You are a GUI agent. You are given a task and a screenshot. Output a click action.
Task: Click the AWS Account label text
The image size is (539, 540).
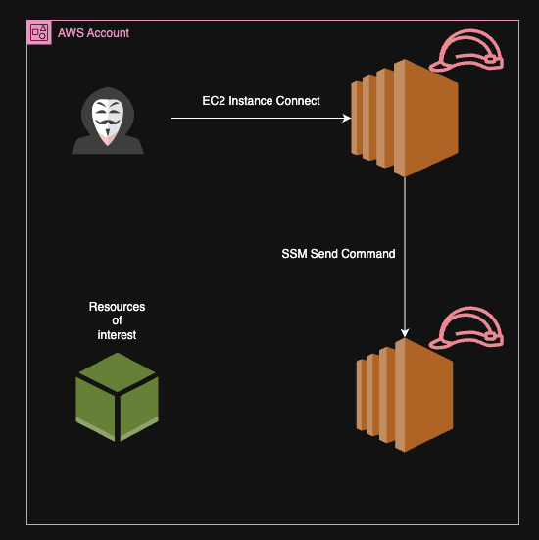pos(93,33)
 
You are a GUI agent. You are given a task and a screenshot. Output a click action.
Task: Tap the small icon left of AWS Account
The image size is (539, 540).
pos(40,33)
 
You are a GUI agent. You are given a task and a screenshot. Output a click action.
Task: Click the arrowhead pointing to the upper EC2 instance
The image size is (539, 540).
pos(346,119)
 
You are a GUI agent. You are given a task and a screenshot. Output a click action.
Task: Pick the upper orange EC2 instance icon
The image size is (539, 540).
pos(405,118)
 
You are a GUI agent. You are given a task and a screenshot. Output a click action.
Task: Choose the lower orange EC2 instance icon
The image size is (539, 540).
pos(405,396)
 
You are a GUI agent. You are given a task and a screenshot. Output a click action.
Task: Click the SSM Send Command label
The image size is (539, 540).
pos(338,254)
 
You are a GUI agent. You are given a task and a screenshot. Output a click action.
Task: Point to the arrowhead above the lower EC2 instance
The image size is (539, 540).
pos(405,332)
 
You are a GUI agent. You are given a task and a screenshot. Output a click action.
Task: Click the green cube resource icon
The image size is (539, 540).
pos(117,396)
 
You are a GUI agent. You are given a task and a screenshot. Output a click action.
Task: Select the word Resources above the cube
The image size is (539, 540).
pos(117,307)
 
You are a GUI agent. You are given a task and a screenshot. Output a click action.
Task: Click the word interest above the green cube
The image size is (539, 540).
pos(117,335)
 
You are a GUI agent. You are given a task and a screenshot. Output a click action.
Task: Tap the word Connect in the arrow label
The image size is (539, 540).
pos(297,100)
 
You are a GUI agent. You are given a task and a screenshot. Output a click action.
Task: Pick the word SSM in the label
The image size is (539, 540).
pos(295,254)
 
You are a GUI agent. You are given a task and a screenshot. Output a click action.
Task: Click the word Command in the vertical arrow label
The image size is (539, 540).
pos(367,254)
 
